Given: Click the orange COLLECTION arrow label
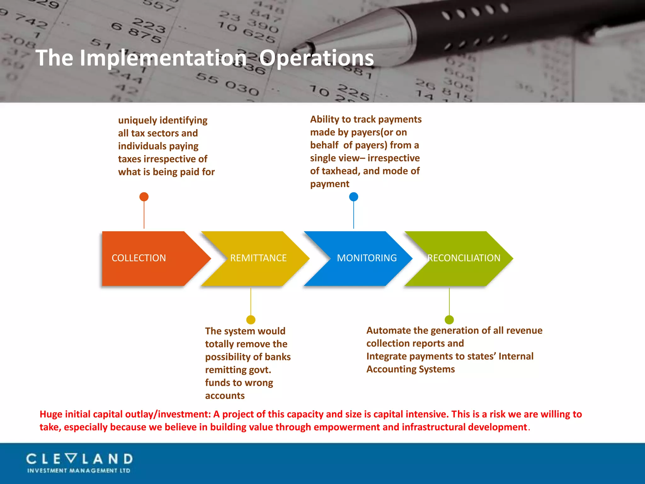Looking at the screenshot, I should (x=139, y=258).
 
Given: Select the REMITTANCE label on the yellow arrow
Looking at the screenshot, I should (x=258, y=258).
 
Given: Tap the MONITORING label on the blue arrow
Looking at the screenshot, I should (x=367, y=258).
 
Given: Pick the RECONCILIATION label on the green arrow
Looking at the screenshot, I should (x=464, y=258).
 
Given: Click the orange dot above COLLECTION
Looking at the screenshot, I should (x=144, y=197).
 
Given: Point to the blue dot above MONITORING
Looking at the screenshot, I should (x=354, y=197).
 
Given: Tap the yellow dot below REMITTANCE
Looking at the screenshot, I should (x=251, y=320).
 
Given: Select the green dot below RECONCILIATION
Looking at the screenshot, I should (x=449, y=320).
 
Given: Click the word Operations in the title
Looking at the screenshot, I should (x=316, y=58).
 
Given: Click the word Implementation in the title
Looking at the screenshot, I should (x=163, y=58).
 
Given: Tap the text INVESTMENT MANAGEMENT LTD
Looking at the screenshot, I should (x=79, y=471).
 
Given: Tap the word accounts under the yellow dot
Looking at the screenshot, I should (x=225, y=396).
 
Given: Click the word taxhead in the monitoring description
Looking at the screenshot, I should (x=341, y=171).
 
